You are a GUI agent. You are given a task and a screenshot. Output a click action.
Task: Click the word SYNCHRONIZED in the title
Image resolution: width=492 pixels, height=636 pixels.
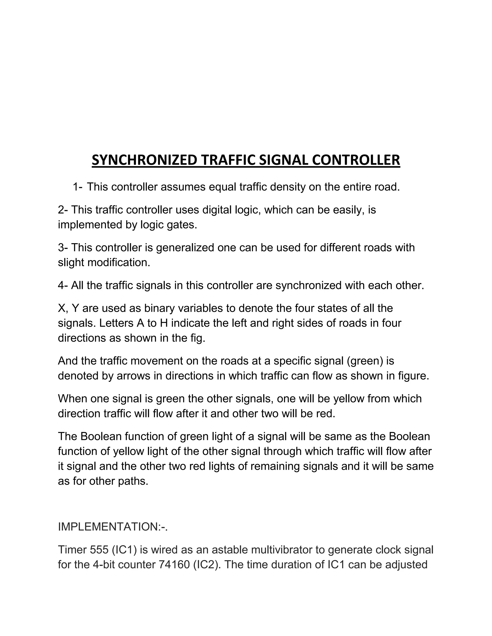pos(144,160)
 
